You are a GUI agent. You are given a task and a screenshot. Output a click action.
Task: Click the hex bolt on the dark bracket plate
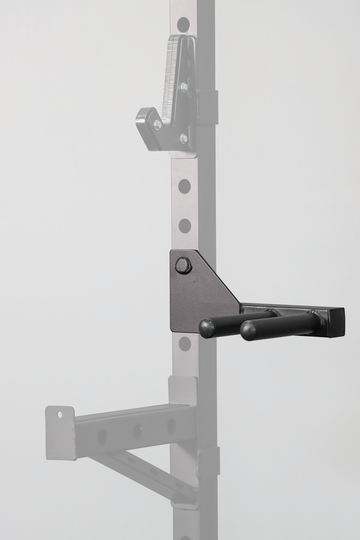pos(183,265)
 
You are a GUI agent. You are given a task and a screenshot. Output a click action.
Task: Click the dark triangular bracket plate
pos(197,295)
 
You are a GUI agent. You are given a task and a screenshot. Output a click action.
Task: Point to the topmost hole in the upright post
pos(183,24)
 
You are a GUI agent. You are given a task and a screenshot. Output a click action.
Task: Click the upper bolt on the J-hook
pos(184,87)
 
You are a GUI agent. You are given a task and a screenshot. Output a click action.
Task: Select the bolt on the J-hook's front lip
pos(157,124)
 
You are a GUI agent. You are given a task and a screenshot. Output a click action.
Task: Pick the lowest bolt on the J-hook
pos(183,138)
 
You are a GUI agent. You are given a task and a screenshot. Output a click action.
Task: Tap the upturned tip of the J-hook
pos(142,117)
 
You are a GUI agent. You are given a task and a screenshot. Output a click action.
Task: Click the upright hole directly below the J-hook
pos(184,186)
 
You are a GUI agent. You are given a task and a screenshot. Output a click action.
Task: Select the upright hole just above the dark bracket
pos(184,225)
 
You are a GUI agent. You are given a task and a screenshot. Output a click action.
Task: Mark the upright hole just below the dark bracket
pos(184,343)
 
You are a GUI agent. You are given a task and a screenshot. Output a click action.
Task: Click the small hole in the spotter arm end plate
pos(59,414)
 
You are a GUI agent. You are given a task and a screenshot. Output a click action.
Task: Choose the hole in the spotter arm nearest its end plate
pos(102,436)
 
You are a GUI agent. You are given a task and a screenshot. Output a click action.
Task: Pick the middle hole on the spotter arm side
pos(137,431)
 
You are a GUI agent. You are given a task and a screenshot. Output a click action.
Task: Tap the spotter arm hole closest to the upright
pos(171,426)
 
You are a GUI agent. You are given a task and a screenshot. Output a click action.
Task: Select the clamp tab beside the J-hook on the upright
pos(208,107)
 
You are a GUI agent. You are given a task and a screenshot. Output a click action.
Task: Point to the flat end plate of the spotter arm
pos(59,432)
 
